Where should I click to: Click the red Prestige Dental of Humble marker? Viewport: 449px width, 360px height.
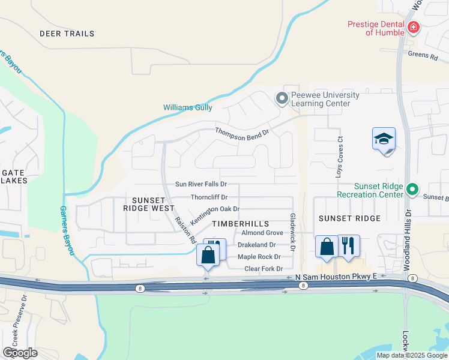(413, 28)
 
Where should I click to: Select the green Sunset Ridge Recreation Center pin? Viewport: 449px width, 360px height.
(412, 190)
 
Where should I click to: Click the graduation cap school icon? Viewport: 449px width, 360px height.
(384, 139)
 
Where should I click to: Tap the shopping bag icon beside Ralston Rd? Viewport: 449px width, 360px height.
(207, 256)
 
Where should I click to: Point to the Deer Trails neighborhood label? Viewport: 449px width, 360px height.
(67, 34)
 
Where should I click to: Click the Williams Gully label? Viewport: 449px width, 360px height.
(187, 107)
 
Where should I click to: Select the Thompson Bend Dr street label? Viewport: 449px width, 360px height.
(243, 134)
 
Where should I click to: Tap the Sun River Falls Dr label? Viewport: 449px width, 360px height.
(200, 184)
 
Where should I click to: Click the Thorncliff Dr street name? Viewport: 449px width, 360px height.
(209, 197)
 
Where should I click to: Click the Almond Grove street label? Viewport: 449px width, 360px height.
(262, 233)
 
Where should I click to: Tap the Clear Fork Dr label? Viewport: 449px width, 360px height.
(264, 269)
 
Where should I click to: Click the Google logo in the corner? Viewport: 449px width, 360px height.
(20, 353)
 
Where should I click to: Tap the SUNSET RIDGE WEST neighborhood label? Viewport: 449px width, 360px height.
(144, 204)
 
